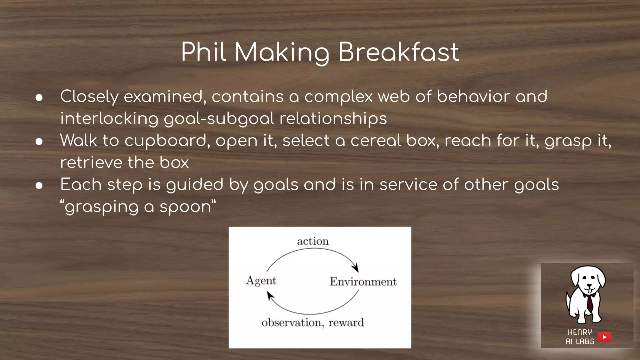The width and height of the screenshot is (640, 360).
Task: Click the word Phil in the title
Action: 203,52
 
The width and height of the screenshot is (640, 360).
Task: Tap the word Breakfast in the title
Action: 398,52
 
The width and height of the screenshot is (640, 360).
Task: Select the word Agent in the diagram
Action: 261,281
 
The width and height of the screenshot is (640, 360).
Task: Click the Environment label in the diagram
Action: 363,282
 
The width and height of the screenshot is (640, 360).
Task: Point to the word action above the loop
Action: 313,241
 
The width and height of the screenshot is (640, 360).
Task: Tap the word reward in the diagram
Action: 346,322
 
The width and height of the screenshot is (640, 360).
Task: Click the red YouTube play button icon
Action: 604,337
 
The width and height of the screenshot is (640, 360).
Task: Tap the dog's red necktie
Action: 589,303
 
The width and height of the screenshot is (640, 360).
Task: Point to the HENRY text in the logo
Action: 580,332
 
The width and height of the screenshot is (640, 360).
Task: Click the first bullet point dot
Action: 39,97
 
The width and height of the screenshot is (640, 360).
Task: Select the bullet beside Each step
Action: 39,186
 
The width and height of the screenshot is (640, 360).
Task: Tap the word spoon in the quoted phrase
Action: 185,207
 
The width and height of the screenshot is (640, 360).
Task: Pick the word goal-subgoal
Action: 219,119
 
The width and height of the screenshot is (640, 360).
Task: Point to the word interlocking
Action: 109,119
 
